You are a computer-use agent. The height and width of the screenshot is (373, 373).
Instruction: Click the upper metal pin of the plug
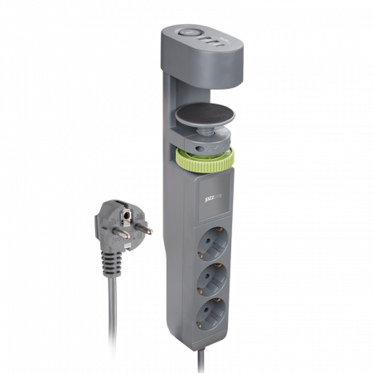(x=119, y=212)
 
